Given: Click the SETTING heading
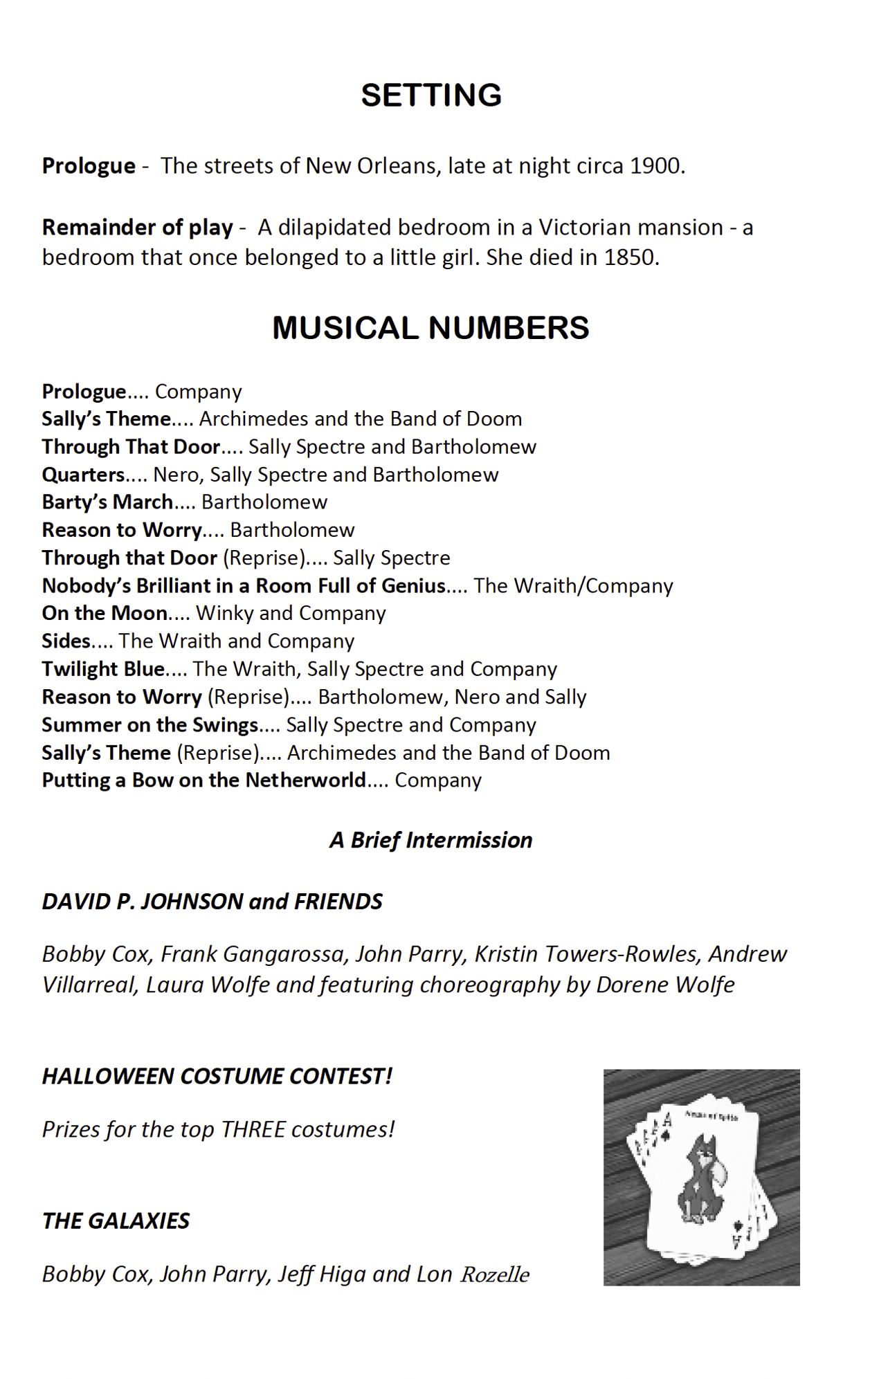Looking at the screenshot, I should point(431,95).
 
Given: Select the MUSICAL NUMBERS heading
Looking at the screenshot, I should point(431,328).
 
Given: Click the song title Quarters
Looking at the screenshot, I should point(83,475).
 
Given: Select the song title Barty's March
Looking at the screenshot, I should point(107,502).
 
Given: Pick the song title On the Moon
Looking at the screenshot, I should point(105,614).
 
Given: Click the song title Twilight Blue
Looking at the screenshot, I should point(103,669).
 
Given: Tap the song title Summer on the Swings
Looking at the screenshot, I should point(149,725).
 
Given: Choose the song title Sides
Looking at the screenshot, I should point(66,641).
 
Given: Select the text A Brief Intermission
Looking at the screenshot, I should point(431,840).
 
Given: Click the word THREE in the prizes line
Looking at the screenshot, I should point(253,1129).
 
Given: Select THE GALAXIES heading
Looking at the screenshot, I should point(116,1221).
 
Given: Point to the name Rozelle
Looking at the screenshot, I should point(495,1275).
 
